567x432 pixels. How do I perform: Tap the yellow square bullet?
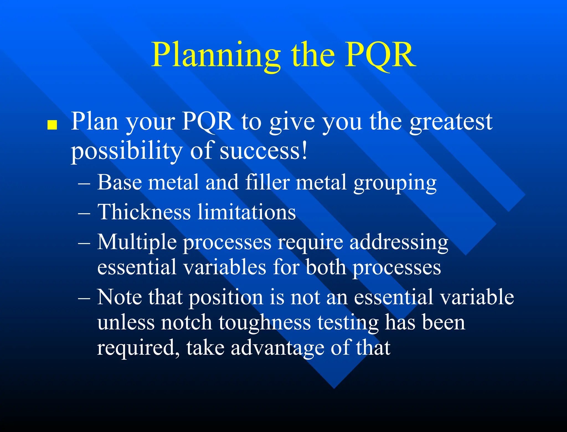click(52, 125)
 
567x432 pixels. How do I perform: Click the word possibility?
click(126, 151)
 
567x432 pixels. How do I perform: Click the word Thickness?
click(144, 212)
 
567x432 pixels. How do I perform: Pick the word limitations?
click(247, 212)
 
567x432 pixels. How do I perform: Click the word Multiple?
click(137, 242)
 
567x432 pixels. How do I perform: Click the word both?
click(326, 268)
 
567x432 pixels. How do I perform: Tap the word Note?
click(120, 297)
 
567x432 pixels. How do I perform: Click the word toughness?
click(265, 323)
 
